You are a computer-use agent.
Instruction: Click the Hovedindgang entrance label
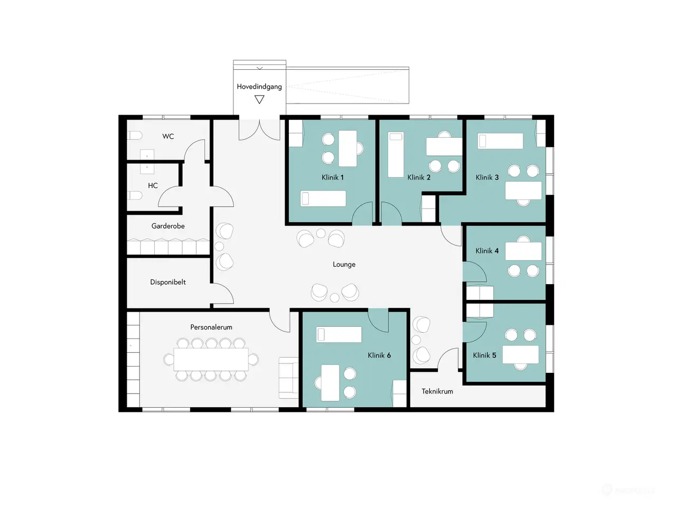pyautogui.click(x=259, y=87)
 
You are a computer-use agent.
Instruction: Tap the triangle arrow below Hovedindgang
pyautogui.click(x=259, y=99)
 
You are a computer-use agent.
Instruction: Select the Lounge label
pyautogui.click(x=344, y=264)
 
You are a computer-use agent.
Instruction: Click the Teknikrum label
pyautogui.click(x=437, y=391)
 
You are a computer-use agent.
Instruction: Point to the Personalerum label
pyautogui.click(x=211, y=327)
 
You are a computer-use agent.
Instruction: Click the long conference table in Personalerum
pyautogui.click(x=211, y=359)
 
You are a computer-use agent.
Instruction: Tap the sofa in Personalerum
pyautogui.click(x=288, y=378)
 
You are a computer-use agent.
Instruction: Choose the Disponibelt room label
pyautogui.click(x=168, y=282)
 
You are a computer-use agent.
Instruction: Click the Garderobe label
pyautogui.click(x=168, y=226)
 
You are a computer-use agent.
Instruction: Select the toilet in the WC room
pyautogui.click(x=135, y=135)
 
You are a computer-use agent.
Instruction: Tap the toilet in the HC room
pyautogui.click(x=135, y=195)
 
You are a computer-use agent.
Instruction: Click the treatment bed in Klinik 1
pyautogui.click(x=323, y=198)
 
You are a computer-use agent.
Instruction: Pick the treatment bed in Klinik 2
pyautogui.click(x=396, y=155)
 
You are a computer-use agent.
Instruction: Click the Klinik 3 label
pyautogui.click(x=487, y=177)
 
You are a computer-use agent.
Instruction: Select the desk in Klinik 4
pyautogui.click(x=523, y=251)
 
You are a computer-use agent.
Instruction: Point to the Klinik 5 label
pyautogui.click(x=484, y=355)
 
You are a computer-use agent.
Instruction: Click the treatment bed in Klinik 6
pyautogui.click(x=339, y=334)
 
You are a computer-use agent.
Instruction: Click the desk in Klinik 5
pyautogui.click(x=521, y=354)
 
